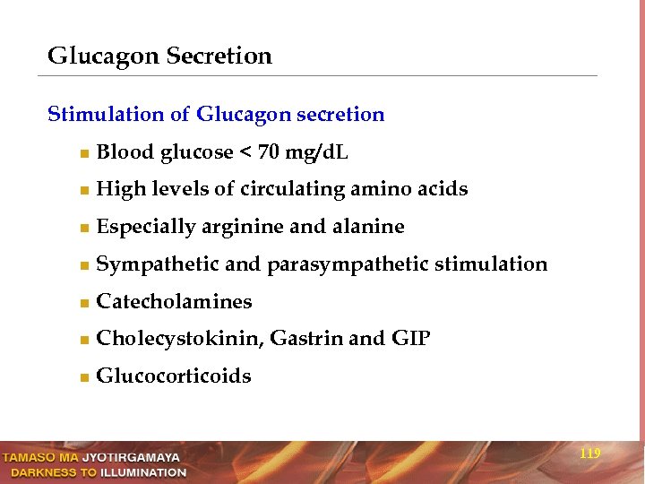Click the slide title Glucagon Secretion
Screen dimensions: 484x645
point(159,56)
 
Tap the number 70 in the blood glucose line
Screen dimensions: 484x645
point(269,152)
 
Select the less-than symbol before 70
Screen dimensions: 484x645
point(245,153)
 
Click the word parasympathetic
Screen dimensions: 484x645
point(348,265)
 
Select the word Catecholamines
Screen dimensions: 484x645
point(174,302)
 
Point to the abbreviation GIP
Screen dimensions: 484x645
point(410,340)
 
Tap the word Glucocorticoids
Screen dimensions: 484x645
point(173,376)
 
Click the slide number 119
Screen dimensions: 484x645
point(589,454)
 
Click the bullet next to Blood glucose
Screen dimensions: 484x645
point(83,154)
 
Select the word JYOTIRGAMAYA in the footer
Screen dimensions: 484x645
point(131,458)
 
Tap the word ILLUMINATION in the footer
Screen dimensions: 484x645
point(143,472)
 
